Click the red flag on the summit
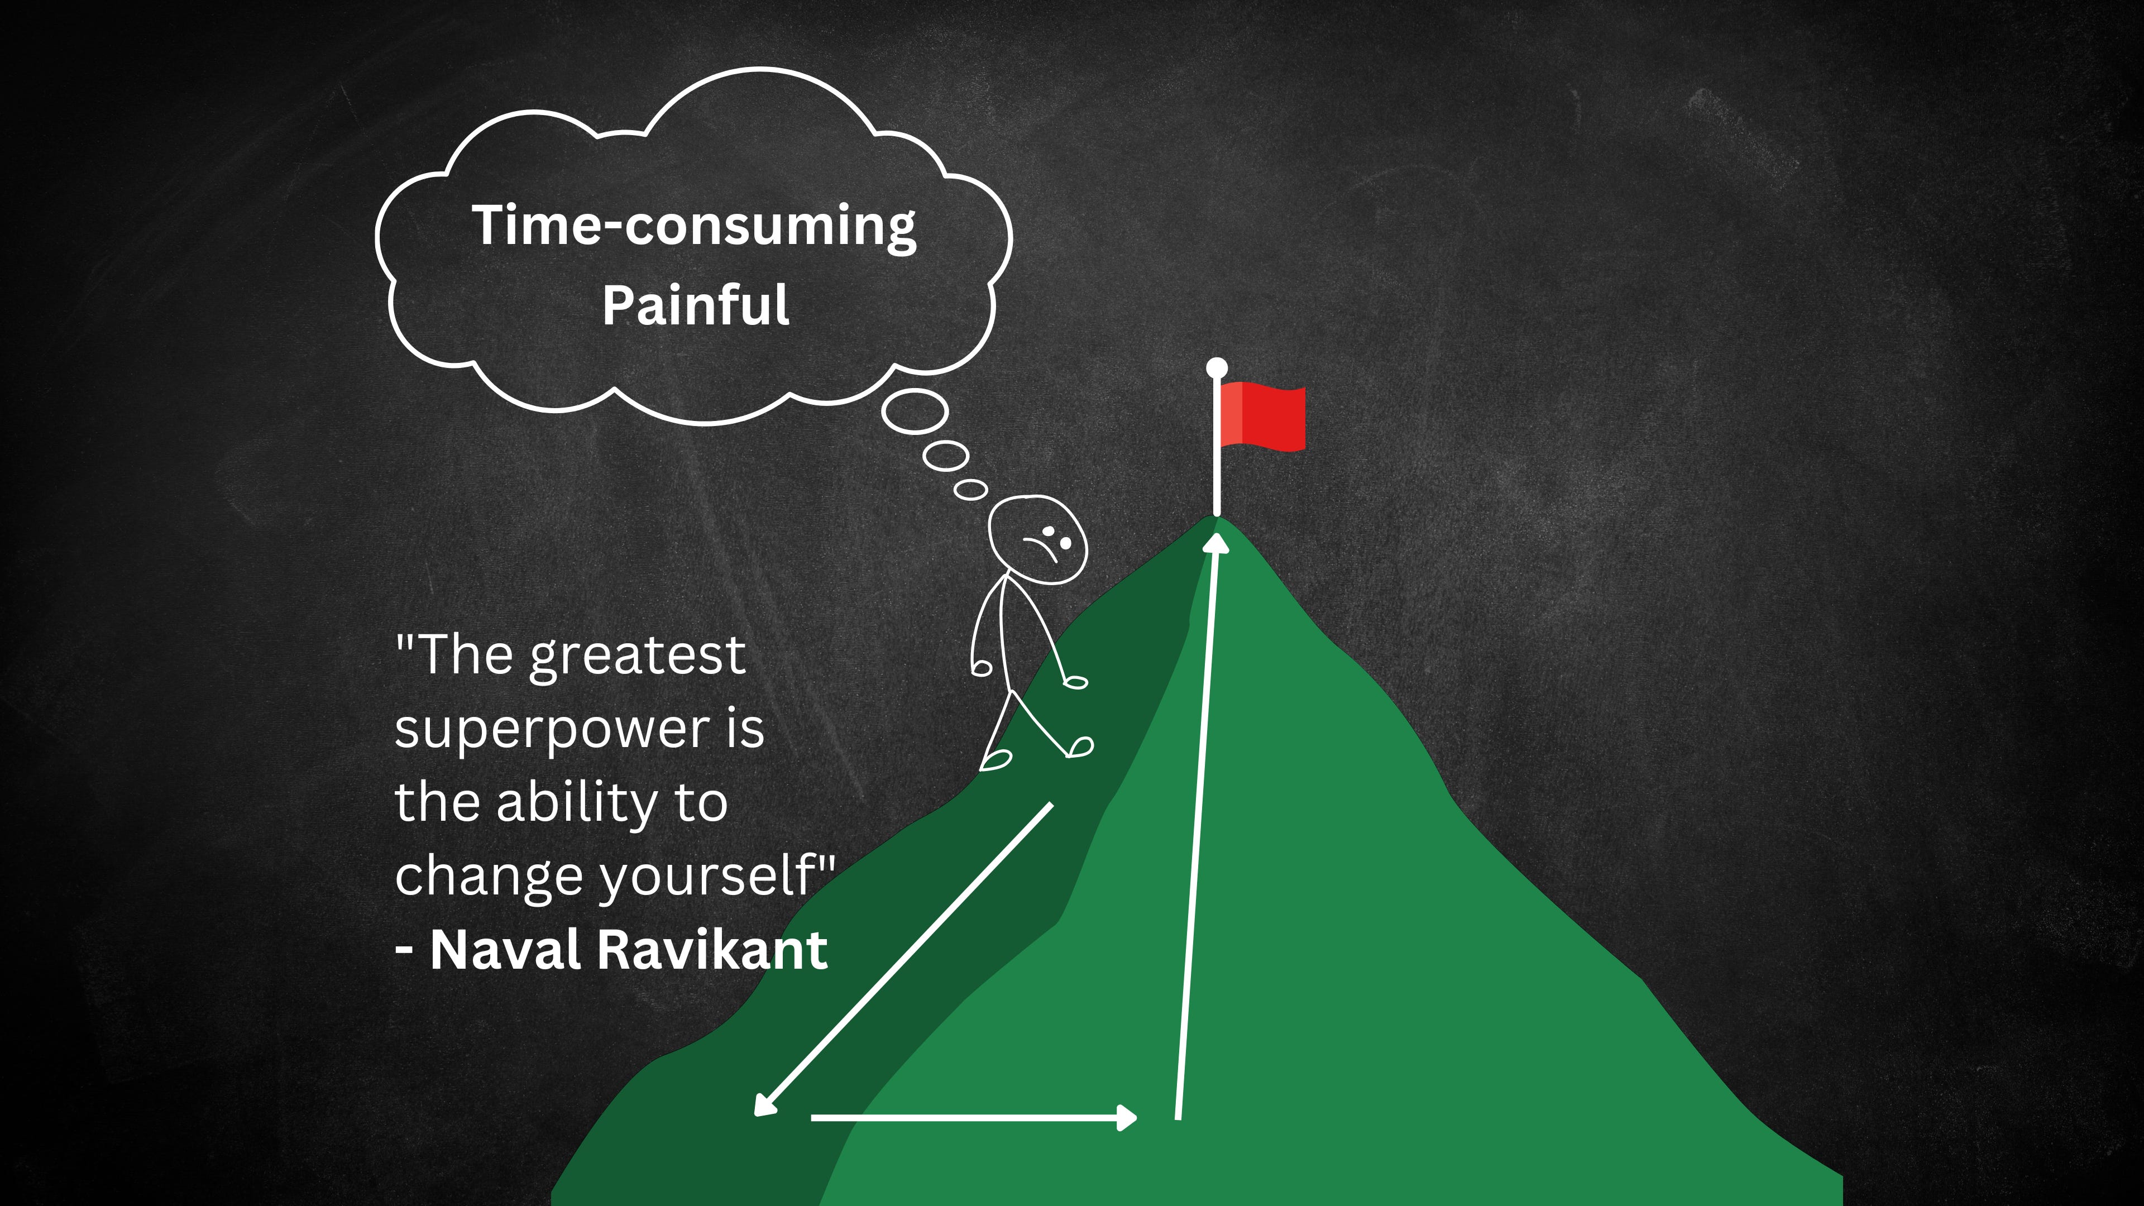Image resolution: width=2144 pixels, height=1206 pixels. [1265, 416]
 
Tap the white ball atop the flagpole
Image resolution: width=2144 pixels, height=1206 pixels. [1217, 367]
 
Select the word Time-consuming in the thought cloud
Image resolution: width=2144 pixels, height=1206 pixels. [693, 226]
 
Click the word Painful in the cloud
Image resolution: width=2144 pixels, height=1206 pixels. [695, 305]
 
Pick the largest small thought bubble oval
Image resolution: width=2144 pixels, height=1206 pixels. [915, 412]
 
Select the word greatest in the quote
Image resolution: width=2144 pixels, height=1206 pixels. [638, 656]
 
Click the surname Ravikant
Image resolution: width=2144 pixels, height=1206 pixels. [712, 950]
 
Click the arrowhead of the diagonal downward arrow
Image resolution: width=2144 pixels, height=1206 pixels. [762, 1105]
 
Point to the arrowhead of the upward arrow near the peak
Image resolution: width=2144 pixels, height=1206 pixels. [1217, 543]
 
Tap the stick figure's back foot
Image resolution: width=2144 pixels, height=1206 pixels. [996, 759]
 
